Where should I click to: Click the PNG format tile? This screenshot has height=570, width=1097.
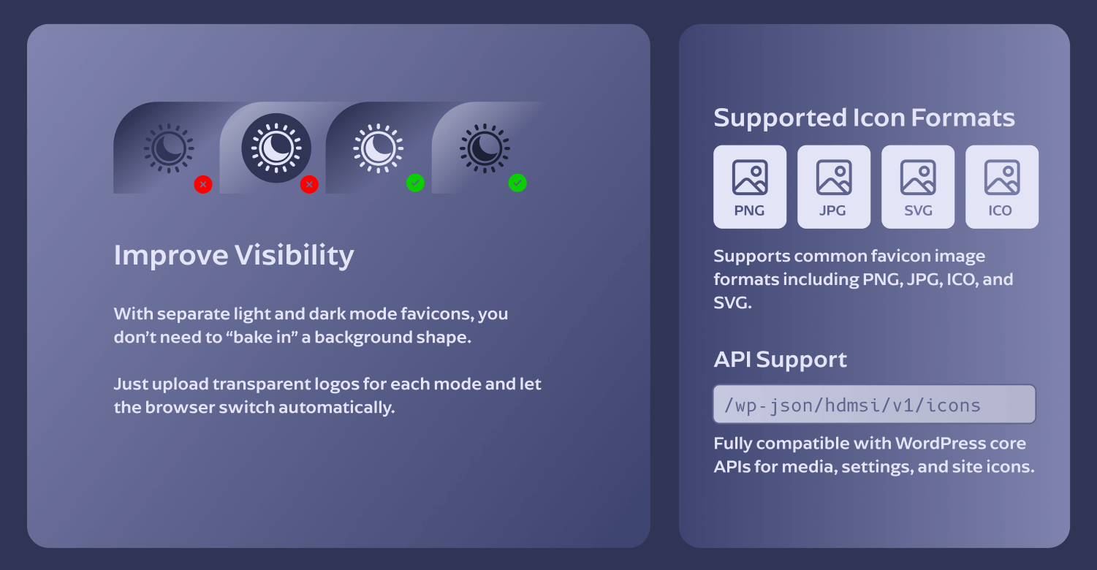[x=750, y=187]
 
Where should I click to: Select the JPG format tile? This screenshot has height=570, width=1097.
[x=834, y=187]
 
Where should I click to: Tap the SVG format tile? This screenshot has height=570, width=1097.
[x=918, y=187]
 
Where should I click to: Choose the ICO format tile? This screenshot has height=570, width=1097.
[x=1002, y=187]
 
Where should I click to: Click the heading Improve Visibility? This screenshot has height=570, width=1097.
[x=234, y=255]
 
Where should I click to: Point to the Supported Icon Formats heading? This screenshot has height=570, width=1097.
[x=864, y=118]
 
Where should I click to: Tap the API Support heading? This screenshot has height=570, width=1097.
[x=780, y=360]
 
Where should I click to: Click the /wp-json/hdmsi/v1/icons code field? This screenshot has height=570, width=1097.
[x=874, y=404]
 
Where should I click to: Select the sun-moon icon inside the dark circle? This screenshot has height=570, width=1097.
[x=276, y=148]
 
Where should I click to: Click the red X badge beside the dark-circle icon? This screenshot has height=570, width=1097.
[x=309, y=185]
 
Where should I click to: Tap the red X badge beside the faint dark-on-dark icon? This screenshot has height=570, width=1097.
[x=203, y=185]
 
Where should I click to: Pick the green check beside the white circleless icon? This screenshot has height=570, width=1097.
[x=415, y=183]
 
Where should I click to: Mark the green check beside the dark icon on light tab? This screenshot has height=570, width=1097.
[x=517, y=183]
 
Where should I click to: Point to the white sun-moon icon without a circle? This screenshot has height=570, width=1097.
[x=378, y=148]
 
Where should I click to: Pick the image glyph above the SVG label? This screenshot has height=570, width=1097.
[x=918, y=178]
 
